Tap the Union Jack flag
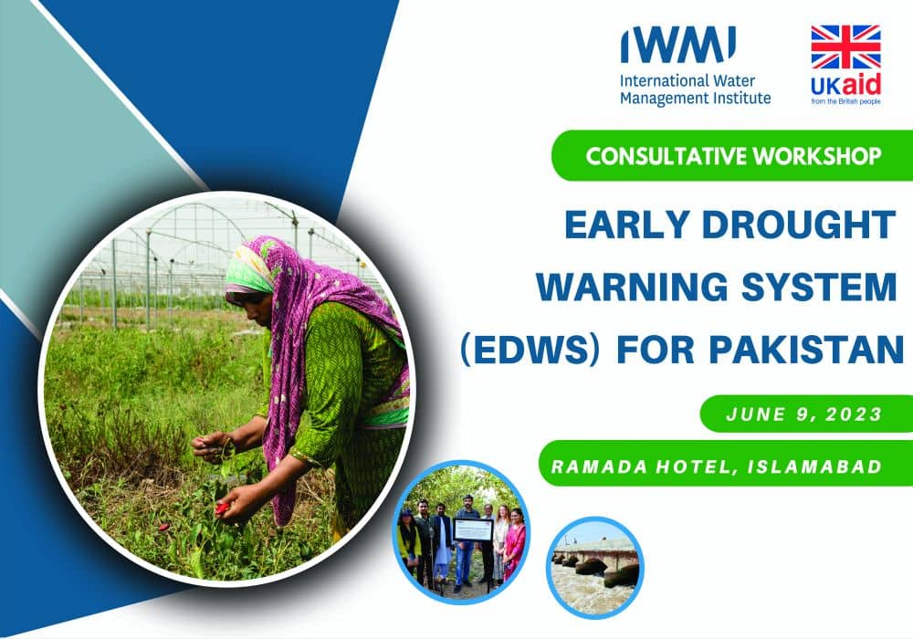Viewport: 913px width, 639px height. (x=845, y=47)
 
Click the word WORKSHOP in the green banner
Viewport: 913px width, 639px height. (x=817, y=156)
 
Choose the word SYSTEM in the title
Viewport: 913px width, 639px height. (x=819, y=287)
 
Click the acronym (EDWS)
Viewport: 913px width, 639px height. (x=530, y=350)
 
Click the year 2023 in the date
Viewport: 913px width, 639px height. (x=854, y=414)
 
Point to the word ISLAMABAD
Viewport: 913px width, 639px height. (x=814, y=466)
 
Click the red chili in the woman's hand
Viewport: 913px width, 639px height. (x=222, y=508)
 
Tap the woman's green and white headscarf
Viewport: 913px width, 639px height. (x=249, y=270)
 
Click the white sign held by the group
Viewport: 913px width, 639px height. (x=473, y=529)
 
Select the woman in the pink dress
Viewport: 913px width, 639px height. (x=515, y=542)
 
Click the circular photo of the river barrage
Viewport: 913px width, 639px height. (x=595, y=567)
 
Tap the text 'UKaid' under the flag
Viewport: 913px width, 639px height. (x=845, y=86)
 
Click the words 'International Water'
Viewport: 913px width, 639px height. (x=687, y=81)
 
